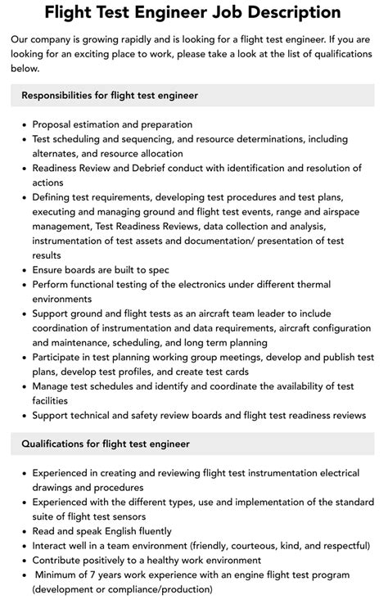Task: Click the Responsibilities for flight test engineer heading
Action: coord(110,96)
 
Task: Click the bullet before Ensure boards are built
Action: coord(23,270)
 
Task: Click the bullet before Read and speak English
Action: coord(23,530)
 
